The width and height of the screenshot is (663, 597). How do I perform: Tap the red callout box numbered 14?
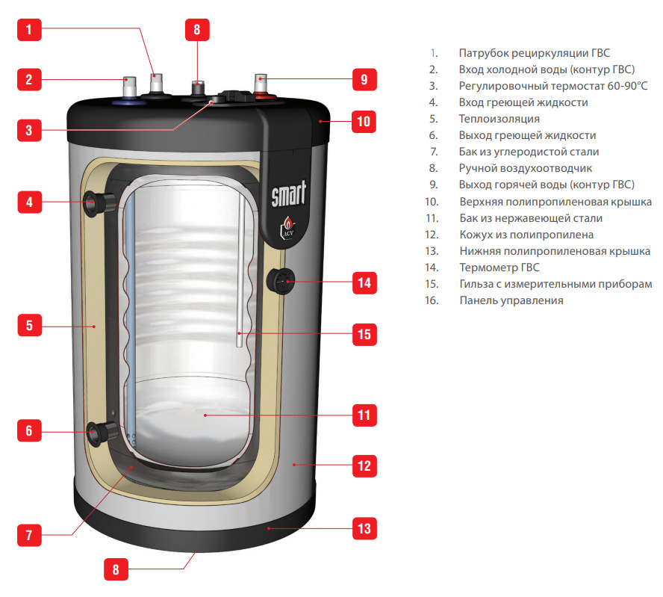(364, 283)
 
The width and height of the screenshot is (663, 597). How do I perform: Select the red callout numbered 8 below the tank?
(115, 569)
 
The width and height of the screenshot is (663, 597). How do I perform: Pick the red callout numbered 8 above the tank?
(197, 31)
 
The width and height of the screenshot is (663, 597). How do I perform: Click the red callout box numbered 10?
(364, 121)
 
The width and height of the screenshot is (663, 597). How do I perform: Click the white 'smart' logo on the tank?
(288, 197)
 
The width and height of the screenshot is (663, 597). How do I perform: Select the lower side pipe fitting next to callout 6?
(102, 431)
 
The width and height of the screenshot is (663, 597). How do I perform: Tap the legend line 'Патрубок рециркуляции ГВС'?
(534, 53)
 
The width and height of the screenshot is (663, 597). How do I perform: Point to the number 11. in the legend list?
(431, 218)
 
